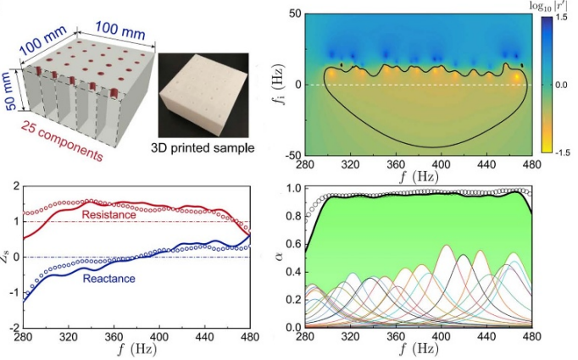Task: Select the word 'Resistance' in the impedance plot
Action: point(107,216)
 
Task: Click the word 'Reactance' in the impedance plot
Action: point(108,276)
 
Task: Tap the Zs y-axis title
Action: point(8,256)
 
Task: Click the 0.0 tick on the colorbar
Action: point(562,86)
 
